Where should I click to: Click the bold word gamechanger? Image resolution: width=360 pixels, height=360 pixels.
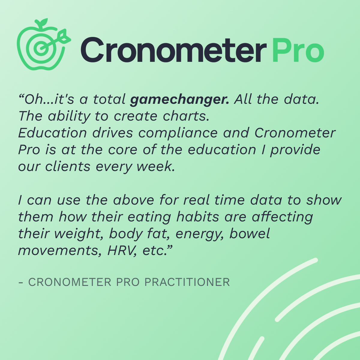pyautogui.click(x=179, y=99)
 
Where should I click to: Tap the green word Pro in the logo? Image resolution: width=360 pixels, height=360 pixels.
pyautogui.click(x=298, y=50)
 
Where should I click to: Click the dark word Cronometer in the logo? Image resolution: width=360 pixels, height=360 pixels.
pyautogui.click(x=173, y=50)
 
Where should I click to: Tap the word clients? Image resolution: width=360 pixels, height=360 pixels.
pyautogui.click(x=68, y=166)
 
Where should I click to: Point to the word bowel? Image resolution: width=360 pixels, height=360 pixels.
pyautogui.click(x=250, y=234)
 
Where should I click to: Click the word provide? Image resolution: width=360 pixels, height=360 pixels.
pyautogui.click(x=295, y=150)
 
